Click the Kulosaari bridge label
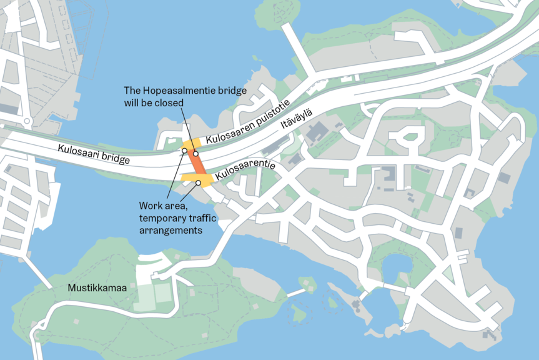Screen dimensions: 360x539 pos(94,154)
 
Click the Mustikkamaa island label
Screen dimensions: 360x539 pos(97,288)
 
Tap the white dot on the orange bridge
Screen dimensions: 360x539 pos(195,153)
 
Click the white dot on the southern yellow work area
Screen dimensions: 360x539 pos(199,182)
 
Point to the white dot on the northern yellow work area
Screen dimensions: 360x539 pos(184,151)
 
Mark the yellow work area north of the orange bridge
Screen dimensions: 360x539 pos(189,145)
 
